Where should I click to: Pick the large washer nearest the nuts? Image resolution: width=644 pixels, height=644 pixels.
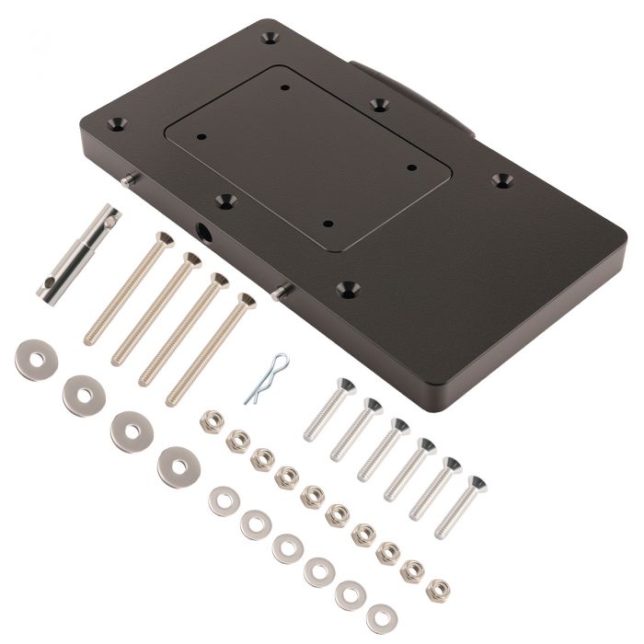[x=177, y=466]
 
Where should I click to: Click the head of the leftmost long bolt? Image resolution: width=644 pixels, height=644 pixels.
[x=162, y=241]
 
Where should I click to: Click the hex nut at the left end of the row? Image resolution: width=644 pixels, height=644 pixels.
[x=211, y=420]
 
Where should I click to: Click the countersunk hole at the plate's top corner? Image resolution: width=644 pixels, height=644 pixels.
[x=270, y=40]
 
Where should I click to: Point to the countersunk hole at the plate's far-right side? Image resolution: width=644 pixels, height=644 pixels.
[x=500, y=179]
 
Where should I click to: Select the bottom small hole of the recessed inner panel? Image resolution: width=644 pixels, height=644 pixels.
[x=328, y=223]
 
